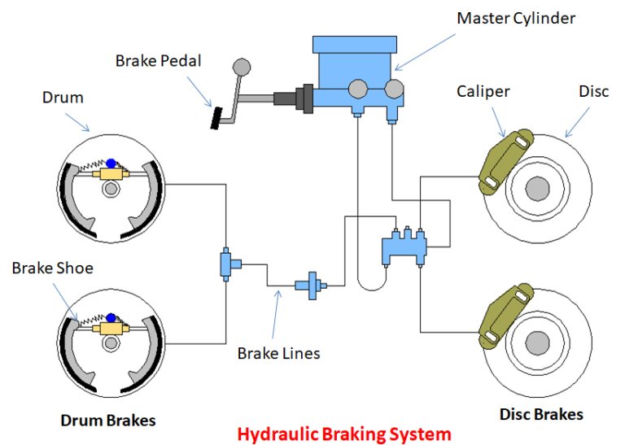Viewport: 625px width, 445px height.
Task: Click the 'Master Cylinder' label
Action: coord(516,19)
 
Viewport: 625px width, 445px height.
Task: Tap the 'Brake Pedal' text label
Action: coord(158,61)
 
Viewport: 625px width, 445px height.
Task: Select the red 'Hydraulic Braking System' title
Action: coord(344,434)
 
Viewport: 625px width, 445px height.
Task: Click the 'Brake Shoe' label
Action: coord(53,268)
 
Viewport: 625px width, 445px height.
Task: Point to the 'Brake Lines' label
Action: coord(278,353)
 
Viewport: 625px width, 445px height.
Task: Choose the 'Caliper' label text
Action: coord(483,92)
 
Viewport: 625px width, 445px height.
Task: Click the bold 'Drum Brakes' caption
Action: coord(108,421)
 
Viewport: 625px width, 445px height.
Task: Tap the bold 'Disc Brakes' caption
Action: coord(541,414)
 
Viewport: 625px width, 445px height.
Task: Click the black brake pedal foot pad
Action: coord(216,118)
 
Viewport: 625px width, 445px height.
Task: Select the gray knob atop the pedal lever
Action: coord(242,67)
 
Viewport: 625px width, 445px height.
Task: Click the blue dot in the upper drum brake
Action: coord(111,164)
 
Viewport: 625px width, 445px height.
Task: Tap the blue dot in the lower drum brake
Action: coord(111,318)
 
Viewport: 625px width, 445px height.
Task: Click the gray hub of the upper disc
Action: coord(537,189)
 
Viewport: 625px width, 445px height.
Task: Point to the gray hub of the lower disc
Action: coord(537,343)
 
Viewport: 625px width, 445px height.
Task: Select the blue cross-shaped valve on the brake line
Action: coord(312,286)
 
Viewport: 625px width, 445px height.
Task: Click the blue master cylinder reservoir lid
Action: coord(355,44)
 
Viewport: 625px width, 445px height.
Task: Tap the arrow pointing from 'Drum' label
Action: coord(77,122)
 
